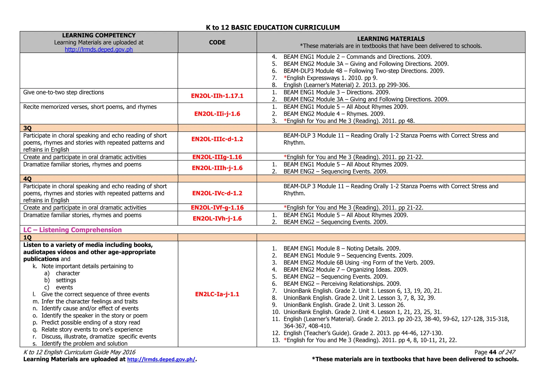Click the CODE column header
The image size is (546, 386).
pyautogui.click(x=217, y=42)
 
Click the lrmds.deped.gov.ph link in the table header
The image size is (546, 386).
pyautogui.click(x=99, y=50)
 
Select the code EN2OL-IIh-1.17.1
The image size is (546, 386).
pyautogui.click(x=217, y=96)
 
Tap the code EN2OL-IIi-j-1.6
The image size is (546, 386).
pyautogui.click(x=217, y=114)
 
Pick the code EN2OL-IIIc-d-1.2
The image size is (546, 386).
pyautogui.click(x=217, y=139)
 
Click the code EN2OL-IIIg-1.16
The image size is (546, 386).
pyautogui.click(x=217, y=157)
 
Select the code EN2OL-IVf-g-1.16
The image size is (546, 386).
pyautogui.click(x=217, y=208)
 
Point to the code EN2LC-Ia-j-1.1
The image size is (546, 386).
pyautogui.click(x=217, y=294)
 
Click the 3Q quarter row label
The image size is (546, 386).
pyautogui.click(x=27, y=128)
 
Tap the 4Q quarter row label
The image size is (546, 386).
pyautogui.click(x=27, y=179)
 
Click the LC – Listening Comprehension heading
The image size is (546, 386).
pyautogui.click(x=73, y=230)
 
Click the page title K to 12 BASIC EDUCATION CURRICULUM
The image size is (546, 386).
pyautogui.click(x=273, y=27)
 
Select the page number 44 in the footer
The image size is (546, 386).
pyautogui.click(x=492, y=352)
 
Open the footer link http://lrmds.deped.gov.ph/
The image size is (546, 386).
pyautogui.click(x=161, y=359)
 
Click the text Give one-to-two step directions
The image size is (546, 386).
pyautogui.click(x=63, y=93)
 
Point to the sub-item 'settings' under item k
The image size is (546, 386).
pyautogui.click(x=66, y=280)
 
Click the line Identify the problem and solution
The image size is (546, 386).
pyautogui.click(x=84, y=344)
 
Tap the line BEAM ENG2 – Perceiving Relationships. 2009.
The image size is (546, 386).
pyautogui.click(x=342, y=284)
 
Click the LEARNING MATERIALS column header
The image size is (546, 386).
pyautogui.click(x=391, y=39)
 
